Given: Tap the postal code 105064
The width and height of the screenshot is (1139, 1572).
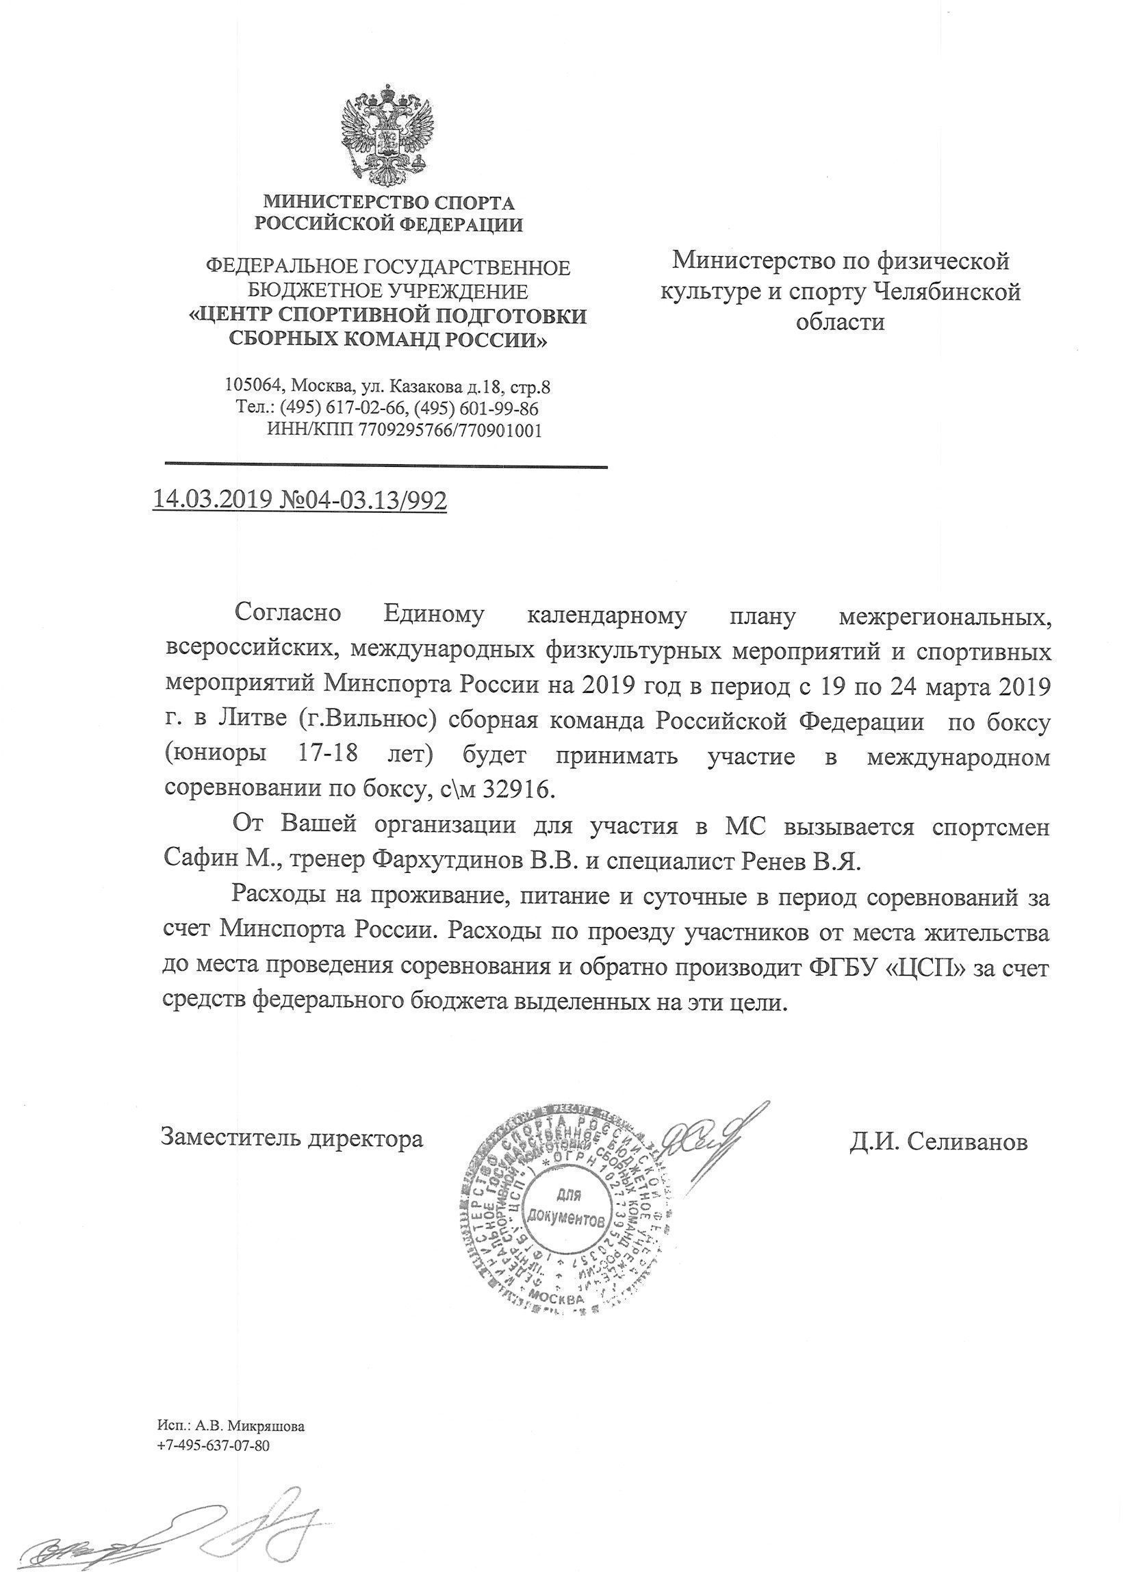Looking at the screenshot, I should coord(253,385).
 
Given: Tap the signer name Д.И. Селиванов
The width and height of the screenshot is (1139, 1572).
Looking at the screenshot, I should coord(938,1141).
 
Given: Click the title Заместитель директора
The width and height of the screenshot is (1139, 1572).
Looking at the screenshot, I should coord(292,1138).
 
